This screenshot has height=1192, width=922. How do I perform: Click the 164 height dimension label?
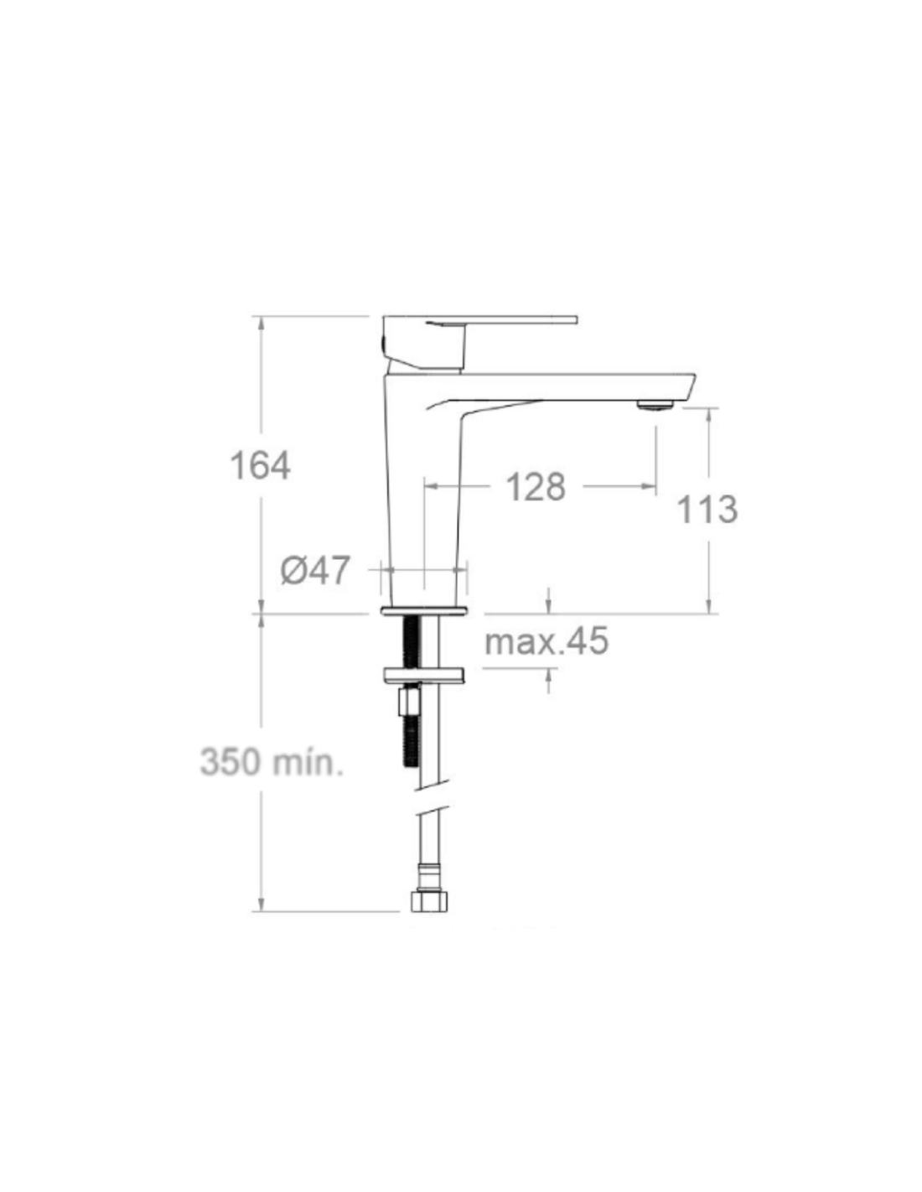[260, 466]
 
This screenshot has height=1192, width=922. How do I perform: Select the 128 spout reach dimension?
[535, 486]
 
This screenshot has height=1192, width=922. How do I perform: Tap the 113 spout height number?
[707, 510]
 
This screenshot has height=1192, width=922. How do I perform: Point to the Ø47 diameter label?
[315, 570]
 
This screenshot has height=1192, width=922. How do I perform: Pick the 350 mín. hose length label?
[272, 762]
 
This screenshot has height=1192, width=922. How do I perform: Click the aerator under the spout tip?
[655, 406]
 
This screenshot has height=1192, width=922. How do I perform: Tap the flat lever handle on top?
[479, 319]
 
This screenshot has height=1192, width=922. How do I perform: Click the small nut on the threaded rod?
[408, 702]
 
